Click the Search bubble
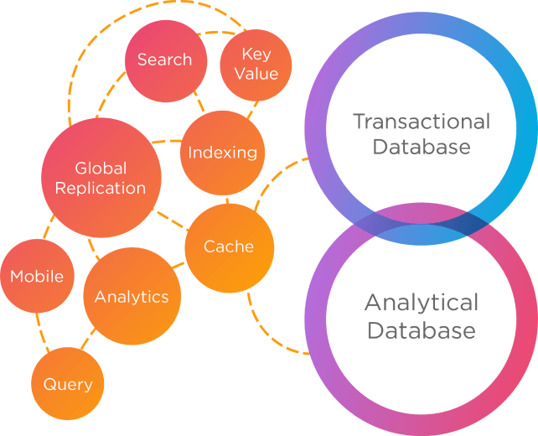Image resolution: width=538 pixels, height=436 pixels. (164, 60)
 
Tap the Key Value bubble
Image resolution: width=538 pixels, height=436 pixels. (256, 65)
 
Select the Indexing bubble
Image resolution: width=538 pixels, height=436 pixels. (222, 153)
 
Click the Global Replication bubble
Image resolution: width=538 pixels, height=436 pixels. (101, 178)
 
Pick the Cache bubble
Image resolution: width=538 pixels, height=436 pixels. (229, 247)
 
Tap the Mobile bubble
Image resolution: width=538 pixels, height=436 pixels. (37, 276)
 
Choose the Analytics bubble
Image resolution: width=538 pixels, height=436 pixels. (132, 297)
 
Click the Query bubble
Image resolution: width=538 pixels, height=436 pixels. (68, 384)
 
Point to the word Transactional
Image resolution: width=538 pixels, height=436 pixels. (421, 122)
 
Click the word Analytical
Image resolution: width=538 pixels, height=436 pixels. (421, 302)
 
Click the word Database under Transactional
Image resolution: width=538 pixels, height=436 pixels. (421, 148)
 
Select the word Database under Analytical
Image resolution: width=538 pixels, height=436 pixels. (421, 330)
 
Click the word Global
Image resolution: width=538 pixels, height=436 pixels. (101, 168)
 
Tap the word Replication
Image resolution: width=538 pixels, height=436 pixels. (101, 188)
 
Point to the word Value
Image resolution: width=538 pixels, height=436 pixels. (256, 74)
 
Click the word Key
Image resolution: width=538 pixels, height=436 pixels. (256, 54)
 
